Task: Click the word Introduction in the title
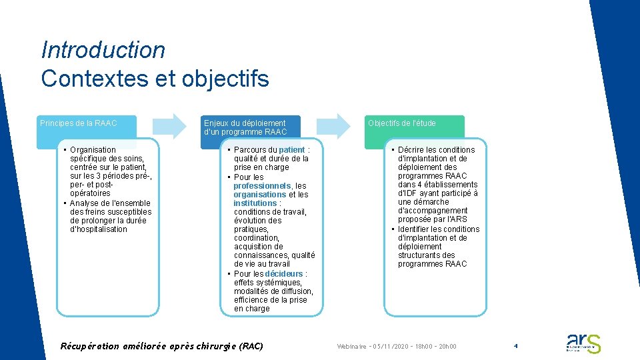[x=103, y=50]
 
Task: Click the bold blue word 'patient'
[x=292, y=150]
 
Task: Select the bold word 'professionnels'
[x=262, y=185]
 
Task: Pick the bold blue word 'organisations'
[x=259, y=194]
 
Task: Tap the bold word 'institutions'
[x=255, y=203]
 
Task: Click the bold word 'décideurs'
[x=284, y=273]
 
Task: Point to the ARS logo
[x=583, y=343]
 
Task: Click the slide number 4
[x=515, y=346]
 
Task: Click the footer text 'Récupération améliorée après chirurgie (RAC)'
[x=162, y=346]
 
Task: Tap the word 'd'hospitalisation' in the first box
[x=99, y=229]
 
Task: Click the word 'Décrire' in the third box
[x=413, y=150]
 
